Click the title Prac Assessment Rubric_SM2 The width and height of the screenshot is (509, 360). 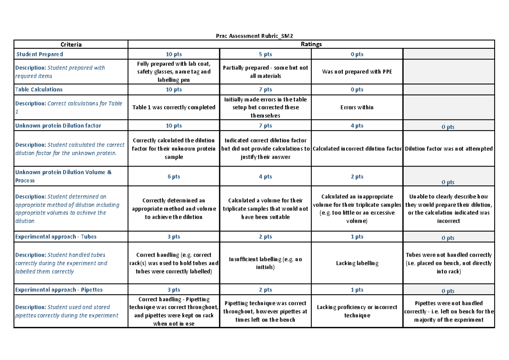click(255, 36)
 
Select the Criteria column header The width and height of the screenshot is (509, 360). click(71, 44)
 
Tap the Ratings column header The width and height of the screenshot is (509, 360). click(311, 44)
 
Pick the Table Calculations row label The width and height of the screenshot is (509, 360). click(39, 89)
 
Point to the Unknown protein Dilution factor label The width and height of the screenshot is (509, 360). click(58, 126)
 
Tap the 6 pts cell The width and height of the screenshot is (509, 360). click(173, 177)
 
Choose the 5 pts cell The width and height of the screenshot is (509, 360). click(265, 54)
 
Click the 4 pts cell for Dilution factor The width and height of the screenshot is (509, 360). click(357, 126)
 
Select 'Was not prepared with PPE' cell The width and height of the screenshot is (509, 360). click(357, 72)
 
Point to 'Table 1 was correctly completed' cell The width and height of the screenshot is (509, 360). click(174, 107)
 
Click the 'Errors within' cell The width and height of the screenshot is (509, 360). click(357, 107)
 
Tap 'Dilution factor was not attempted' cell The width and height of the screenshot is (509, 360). click(449, 148)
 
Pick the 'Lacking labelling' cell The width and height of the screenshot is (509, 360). click(357, 263)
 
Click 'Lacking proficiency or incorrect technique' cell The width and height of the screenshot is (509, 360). click(357, 311)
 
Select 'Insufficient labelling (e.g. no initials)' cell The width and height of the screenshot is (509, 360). click(265, 263)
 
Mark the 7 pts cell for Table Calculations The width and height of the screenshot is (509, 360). click(265, 89)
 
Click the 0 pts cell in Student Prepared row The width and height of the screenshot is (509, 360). click(357, 54)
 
